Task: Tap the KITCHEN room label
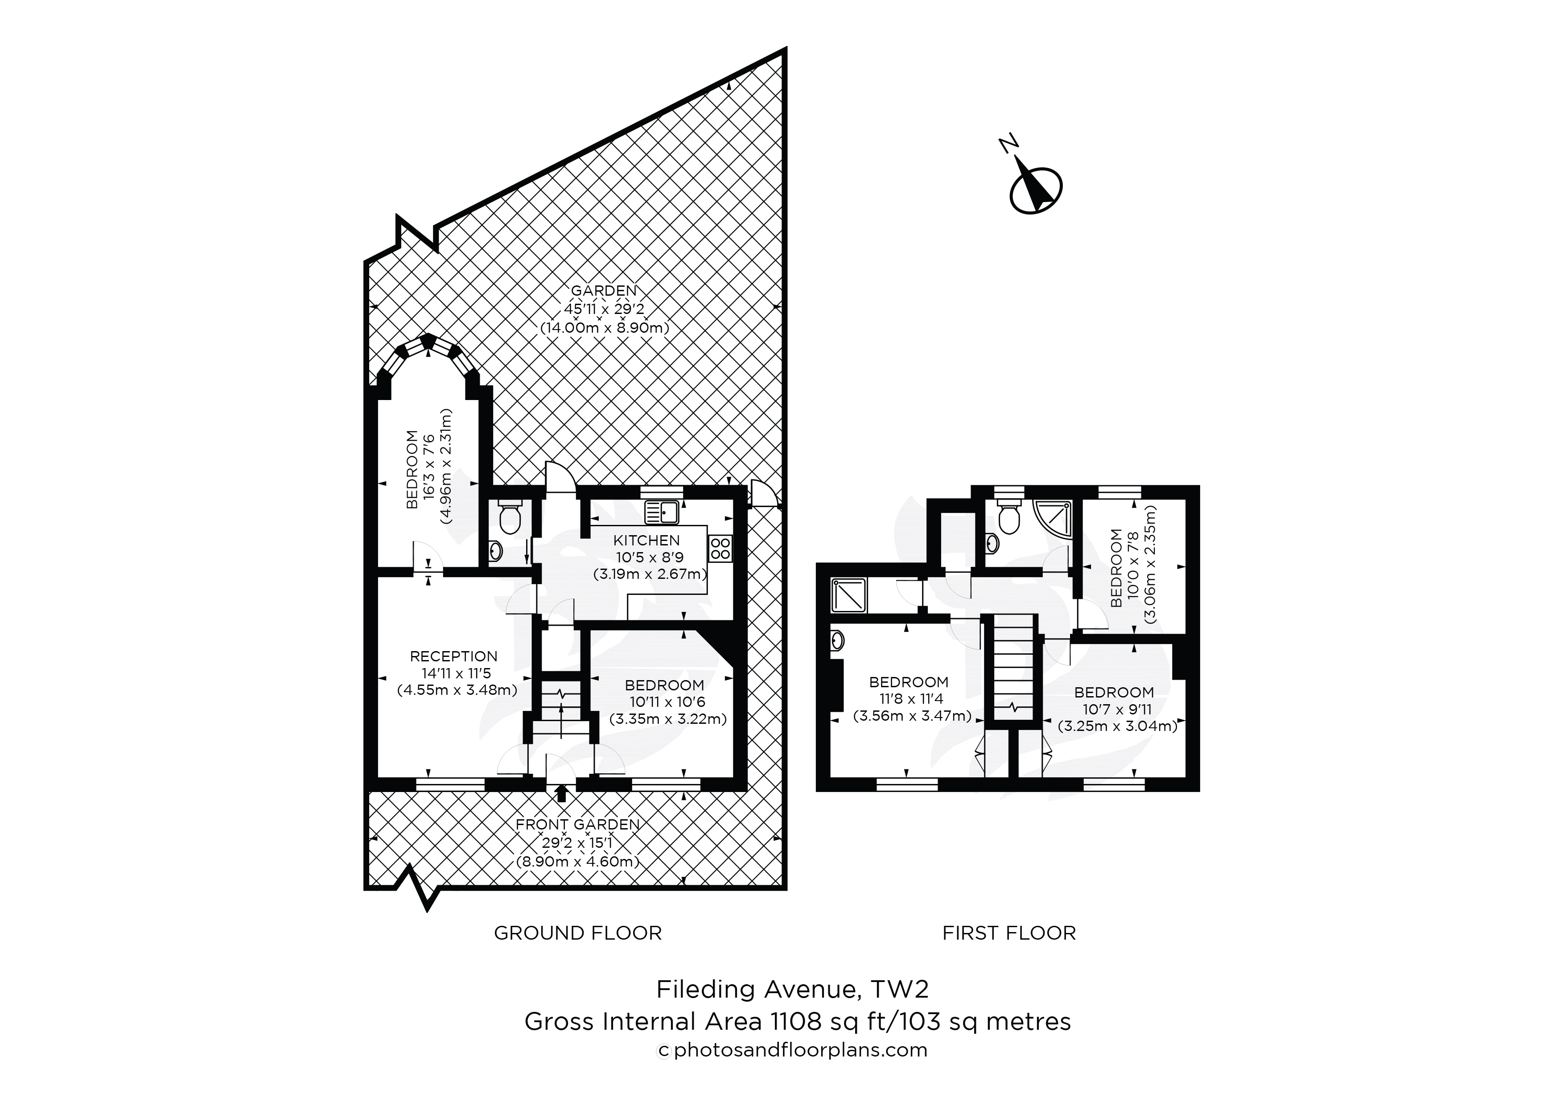(646, 541)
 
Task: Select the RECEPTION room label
(454, 656)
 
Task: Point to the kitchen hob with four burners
(720, 549)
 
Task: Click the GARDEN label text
(604, 291)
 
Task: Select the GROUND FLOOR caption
(578, 933)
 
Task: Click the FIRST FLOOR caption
(1009, 933)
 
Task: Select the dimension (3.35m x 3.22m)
(667, 719)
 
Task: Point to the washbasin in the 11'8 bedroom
(838, 640)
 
